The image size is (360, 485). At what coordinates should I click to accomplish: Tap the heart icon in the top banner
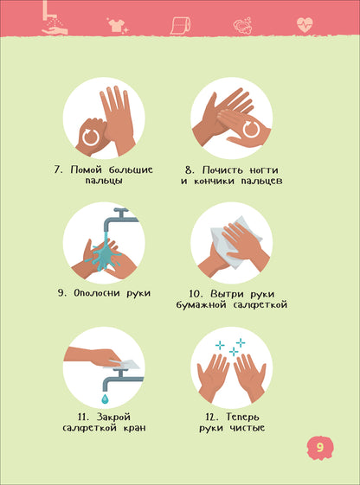(304, 23)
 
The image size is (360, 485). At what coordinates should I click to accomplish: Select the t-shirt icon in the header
(114, 25)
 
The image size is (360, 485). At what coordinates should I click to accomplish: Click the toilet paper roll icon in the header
(178, 25)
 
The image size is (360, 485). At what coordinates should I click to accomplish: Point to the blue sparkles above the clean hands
(231, 348)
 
